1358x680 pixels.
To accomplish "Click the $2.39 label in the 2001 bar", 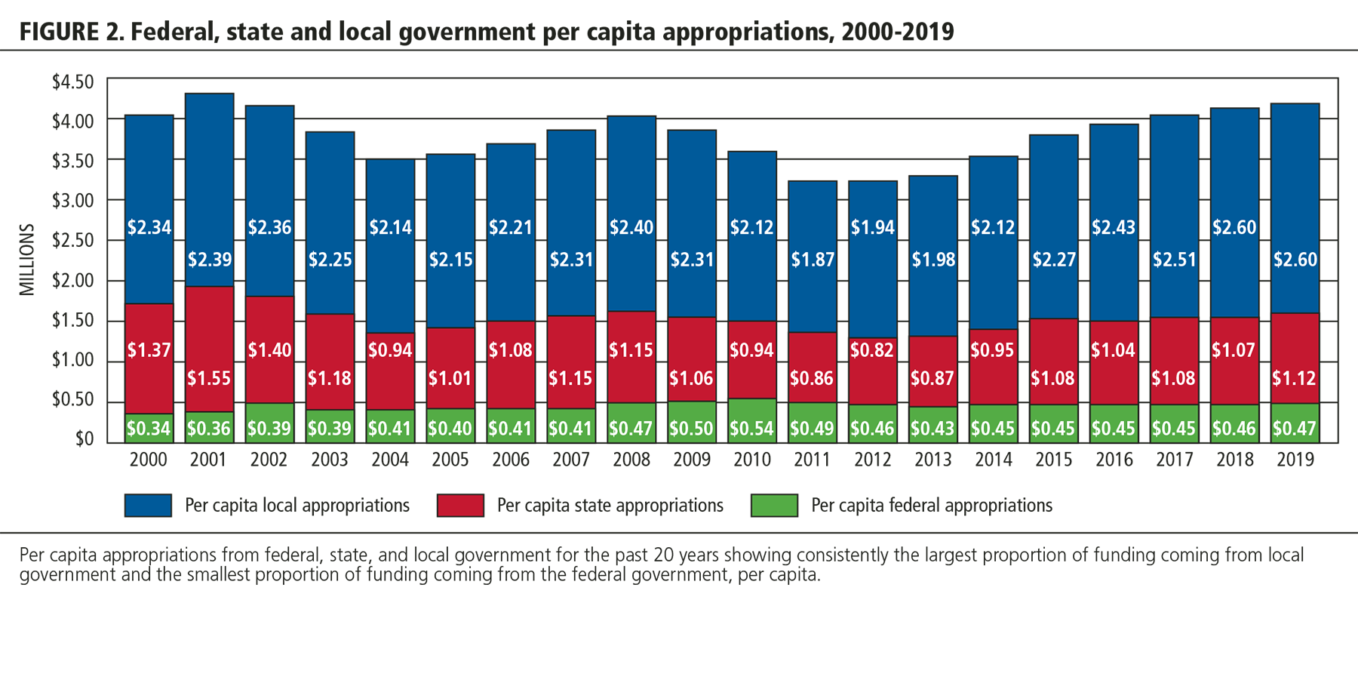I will click(209, 260).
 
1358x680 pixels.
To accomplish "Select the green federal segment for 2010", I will click(752, 420).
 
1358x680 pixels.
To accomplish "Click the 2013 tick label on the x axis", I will click(933, 459).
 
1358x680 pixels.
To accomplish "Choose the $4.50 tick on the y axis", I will click(72, 82).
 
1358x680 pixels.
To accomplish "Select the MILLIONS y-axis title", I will click(27, 260).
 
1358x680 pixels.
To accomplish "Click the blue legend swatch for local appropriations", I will click(148, 506).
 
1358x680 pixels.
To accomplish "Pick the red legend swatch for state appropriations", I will click(460, 506).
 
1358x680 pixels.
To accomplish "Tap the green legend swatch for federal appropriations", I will click(774, 506).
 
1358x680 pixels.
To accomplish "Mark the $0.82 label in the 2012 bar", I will click(873, 350).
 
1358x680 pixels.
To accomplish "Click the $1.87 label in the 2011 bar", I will click(813, 260).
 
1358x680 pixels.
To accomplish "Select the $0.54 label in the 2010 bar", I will click(752, 429).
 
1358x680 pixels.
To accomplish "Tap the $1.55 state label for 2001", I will click(209, 378).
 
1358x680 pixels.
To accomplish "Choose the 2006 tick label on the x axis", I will click(511, 459).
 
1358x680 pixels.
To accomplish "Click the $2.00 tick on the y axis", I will click(72, 281).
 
